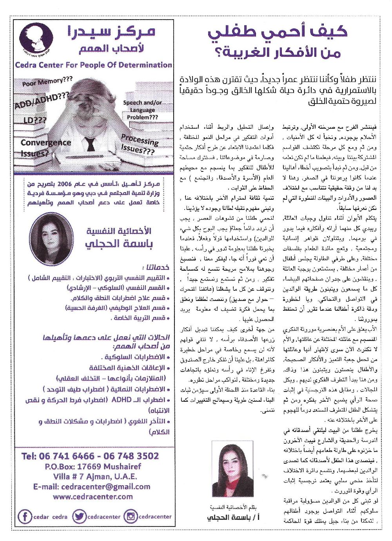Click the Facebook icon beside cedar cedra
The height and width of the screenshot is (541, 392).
pos(25,516)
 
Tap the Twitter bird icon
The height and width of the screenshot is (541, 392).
pos(80,516)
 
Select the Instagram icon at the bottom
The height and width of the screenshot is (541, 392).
pos(130,516)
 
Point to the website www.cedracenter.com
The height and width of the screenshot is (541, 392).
pos(93,497)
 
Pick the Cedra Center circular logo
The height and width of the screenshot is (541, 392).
pos(36,38)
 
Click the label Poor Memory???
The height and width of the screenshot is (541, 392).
pos(47,82)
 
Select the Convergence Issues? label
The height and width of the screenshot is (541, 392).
pos(45,148)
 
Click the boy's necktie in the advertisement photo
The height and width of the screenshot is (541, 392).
pos(91,144)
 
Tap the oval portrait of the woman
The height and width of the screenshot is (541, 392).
pos(51,239)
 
